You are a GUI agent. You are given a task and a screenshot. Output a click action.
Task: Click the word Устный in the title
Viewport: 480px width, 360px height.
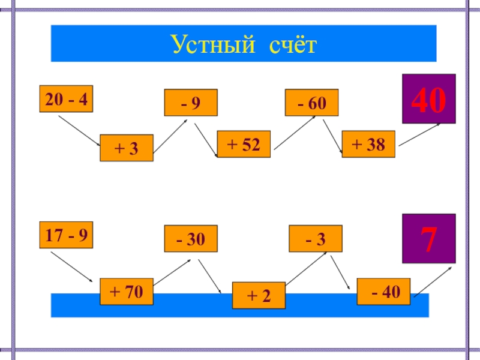(209, 44)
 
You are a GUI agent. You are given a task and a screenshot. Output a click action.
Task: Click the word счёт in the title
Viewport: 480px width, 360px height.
(290, 44)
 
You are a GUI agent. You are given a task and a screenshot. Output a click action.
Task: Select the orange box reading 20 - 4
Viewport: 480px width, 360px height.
(66, 100)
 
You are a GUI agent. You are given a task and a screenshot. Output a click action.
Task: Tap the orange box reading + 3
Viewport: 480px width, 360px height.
(126, 148)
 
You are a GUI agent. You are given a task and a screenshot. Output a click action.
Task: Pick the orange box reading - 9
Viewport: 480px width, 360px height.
(191, 103)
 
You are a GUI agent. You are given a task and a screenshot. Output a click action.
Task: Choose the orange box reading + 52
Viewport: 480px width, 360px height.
(243, 144)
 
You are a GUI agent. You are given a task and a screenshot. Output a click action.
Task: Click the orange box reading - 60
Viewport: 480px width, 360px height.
(311, 103)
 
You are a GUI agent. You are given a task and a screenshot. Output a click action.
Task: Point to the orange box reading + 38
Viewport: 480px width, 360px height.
(368, 144)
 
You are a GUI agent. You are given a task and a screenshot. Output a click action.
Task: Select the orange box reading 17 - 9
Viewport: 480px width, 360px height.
(66, 235)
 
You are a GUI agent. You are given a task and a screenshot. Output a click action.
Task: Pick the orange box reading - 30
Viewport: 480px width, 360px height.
(191, 239)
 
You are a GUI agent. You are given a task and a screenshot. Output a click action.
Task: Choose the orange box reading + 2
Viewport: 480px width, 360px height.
(259, 295)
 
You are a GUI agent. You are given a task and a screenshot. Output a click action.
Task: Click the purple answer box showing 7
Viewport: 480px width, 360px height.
(428, 239)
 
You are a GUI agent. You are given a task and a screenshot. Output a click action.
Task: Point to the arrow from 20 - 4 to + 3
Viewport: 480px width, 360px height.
(79, 130)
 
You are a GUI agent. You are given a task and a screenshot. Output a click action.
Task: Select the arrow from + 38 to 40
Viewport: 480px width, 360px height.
(419, 134)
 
